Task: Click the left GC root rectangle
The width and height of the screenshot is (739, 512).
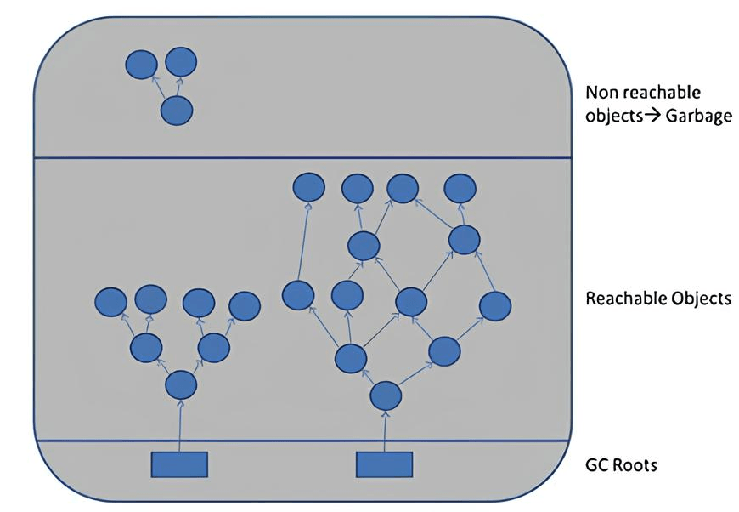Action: [179, 464]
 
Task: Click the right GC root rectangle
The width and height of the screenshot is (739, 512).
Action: [384, 464]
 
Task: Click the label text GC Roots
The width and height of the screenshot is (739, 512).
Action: [622, 465]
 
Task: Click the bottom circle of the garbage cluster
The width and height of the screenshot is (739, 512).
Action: [177, 111]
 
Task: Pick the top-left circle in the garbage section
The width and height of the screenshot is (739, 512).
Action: [141, 65]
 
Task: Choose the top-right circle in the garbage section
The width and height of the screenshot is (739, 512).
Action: [181, 61]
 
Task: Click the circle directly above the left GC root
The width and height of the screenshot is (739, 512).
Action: [180, 385]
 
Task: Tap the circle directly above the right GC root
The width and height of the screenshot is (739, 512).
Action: [386, 395]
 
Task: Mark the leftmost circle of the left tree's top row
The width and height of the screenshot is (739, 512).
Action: [110, 301]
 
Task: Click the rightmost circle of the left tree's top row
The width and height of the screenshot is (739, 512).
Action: [245, 305]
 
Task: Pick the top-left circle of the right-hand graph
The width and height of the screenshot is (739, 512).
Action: [308, 187]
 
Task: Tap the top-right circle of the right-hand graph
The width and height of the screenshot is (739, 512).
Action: [460, 187]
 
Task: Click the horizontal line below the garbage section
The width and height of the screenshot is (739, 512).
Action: [302, 157]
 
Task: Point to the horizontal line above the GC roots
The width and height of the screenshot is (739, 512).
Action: [302, 441]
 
